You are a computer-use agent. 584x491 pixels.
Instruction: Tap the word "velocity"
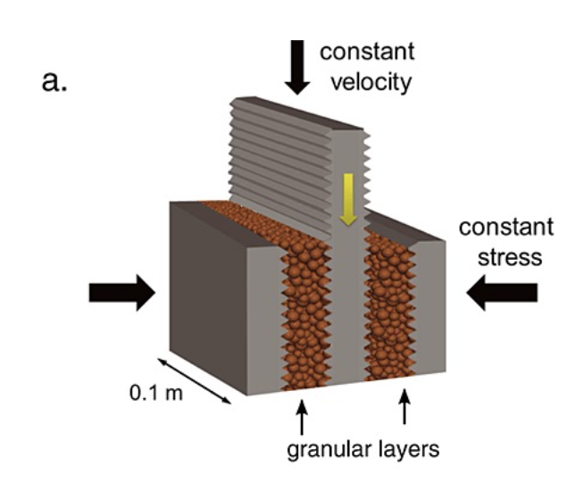(368, 82)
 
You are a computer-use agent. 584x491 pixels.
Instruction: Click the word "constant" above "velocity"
(368, 50)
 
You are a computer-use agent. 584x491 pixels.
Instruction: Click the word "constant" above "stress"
(506, 227)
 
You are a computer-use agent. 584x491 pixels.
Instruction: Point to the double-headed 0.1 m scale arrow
(196, 380)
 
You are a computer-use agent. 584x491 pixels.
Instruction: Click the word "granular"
(323, 449)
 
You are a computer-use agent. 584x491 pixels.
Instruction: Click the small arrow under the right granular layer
(405, 409)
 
